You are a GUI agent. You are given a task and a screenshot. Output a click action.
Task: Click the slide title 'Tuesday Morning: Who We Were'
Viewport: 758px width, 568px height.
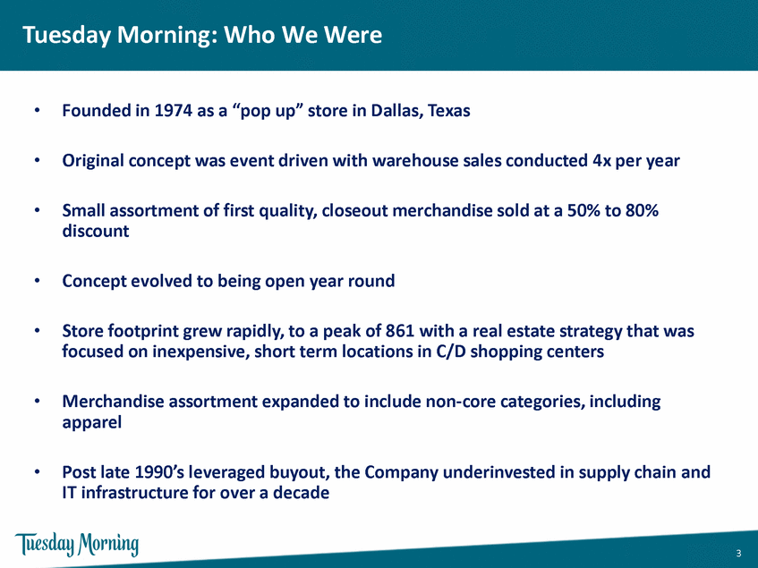click(x=202, y=35)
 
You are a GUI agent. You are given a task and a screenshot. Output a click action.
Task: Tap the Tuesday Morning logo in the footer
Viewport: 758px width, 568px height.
click(x=77, y=545)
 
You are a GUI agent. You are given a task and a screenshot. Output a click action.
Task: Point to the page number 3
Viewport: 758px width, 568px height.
click(x=738, y=554)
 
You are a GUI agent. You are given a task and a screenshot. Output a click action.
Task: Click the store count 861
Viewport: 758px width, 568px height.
click(x=400, y=331)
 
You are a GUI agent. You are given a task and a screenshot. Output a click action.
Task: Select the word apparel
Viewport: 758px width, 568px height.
click(x=92, y=423)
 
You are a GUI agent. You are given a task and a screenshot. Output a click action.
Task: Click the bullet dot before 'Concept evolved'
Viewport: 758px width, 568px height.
click(x=37, y=281)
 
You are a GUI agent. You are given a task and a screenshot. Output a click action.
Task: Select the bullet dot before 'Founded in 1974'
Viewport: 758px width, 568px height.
click(x=37, y=111)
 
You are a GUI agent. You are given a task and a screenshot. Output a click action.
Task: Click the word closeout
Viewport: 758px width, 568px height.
click(x=354, y=210)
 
